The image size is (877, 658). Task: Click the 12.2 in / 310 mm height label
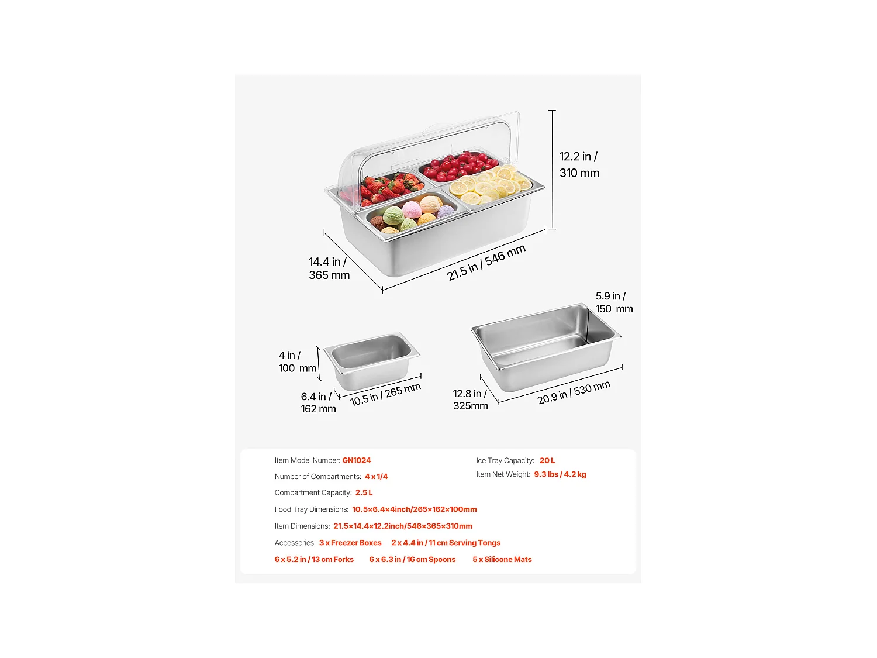tap(579, 165)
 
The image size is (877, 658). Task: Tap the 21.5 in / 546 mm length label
tap(486, 263)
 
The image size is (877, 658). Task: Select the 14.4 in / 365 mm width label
tap(329, 268)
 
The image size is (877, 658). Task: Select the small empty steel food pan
tap(371, 361)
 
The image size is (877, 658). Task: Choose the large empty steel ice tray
tap(545, 345)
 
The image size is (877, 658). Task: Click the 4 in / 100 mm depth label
tap(297, 362)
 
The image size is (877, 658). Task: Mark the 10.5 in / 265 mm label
tap(385, 395)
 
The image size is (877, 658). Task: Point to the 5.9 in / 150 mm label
tap(613, 302)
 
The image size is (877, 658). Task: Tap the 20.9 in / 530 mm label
tap(574, 392)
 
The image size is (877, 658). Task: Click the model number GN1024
tap(356, 460)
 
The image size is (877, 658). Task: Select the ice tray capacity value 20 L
tap(547, 460)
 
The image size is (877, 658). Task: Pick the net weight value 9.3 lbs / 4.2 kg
tap(560, 474)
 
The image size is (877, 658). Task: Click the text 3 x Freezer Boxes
tap(350, 543)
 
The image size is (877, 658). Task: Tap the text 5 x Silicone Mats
tap(502, 560)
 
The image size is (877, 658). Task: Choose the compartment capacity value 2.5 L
tap(364, 492)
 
